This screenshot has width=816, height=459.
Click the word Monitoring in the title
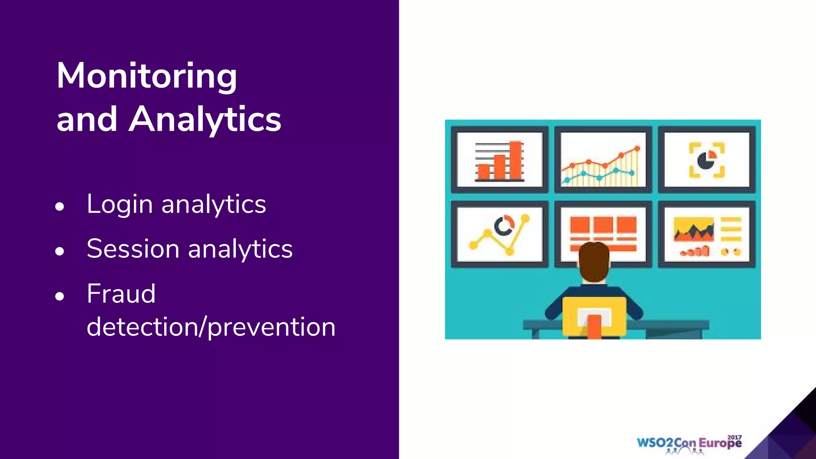147,76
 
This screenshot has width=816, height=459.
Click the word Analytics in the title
205,120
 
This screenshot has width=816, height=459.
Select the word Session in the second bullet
133,249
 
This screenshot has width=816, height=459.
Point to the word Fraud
121,294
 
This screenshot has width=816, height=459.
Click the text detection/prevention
211,327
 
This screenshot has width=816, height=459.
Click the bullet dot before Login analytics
60,206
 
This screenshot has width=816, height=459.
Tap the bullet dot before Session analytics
60,251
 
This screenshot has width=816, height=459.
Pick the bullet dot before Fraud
60,296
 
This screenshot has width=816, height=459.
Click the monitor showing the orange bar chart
499,159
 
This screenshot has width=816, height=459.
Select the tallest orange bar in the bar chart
516,160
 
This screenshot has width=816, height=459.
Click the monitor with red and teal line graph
603,159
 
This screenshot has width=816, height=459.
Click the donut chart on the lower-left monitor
504,226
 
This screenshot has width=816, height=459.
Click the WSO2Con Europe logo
689,443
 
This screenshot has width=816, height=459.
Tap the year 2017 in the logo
734,437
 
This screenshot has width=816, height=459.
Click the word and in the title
87,120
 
